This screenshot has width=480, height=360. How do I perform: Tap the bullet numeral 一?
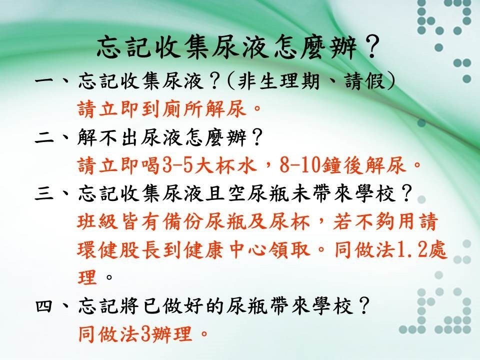pos(45,81)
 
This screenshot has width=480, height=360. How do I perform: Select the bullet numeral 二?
pos(45,138)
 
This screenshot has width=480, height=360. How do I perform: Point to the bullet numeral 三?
pos(45,193)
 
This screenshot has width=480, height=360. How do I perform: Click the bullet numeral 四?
pos(45,306)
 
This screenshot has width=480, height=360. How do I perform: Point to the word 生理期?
pos(288,81)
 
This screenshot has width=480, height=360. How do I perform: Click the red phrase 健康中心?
pos(246,250)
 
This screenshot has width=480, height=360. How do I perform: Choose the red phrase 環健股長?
pos(118,250)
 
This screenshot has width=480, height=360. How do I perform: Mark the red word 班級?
pos(97,221)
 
